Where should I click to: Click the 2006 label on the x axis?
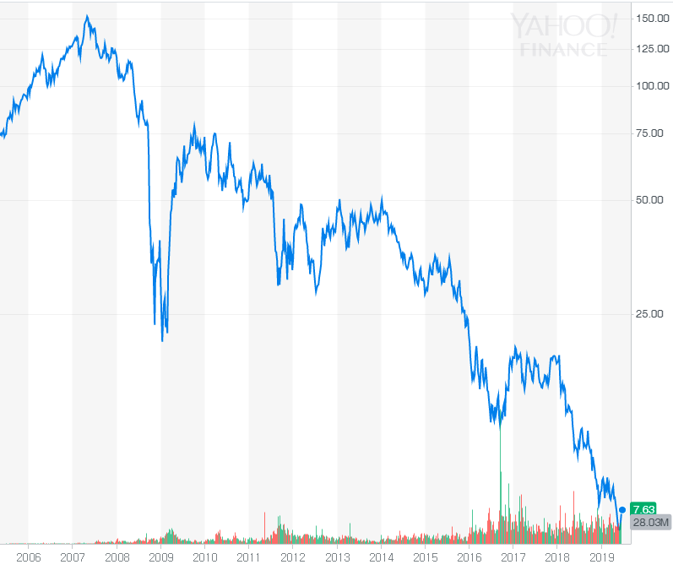click(x=29, y=557)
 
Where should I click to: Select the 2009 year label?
click(x=160, y=557)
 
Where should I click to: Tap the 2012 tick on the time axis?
click(x=293, y=557)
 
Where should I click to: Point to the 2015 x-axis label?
click(x=426, y=557)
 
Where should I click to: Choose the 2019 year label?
click(x=601, y=557)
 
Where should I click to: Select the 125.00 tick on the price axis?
click(x=652, y=49)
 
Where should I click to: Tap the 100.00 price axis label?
click(x=652, y=85)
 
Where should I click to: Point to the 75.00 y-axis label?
click(x=652, y=133)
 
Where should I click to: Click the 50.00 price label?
click(x=652, y=200)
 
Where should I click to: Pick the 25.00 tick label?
click(x=652, y=314)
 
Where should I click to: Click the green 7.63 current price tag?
click(x=643, y=508)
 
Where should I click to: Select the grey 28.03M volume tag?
click(x=651, y=523)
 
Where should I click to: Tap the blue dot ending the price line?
click(x=622, y=509)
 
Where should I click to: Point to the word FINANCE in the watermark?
click(x=563, y=50)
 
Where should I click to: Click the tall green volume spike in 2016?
click(x=501, y=473)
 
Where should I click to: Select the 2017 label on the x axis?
click(x=513, y=557)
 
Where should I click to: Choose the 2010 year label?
click(x=205, y=557)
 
